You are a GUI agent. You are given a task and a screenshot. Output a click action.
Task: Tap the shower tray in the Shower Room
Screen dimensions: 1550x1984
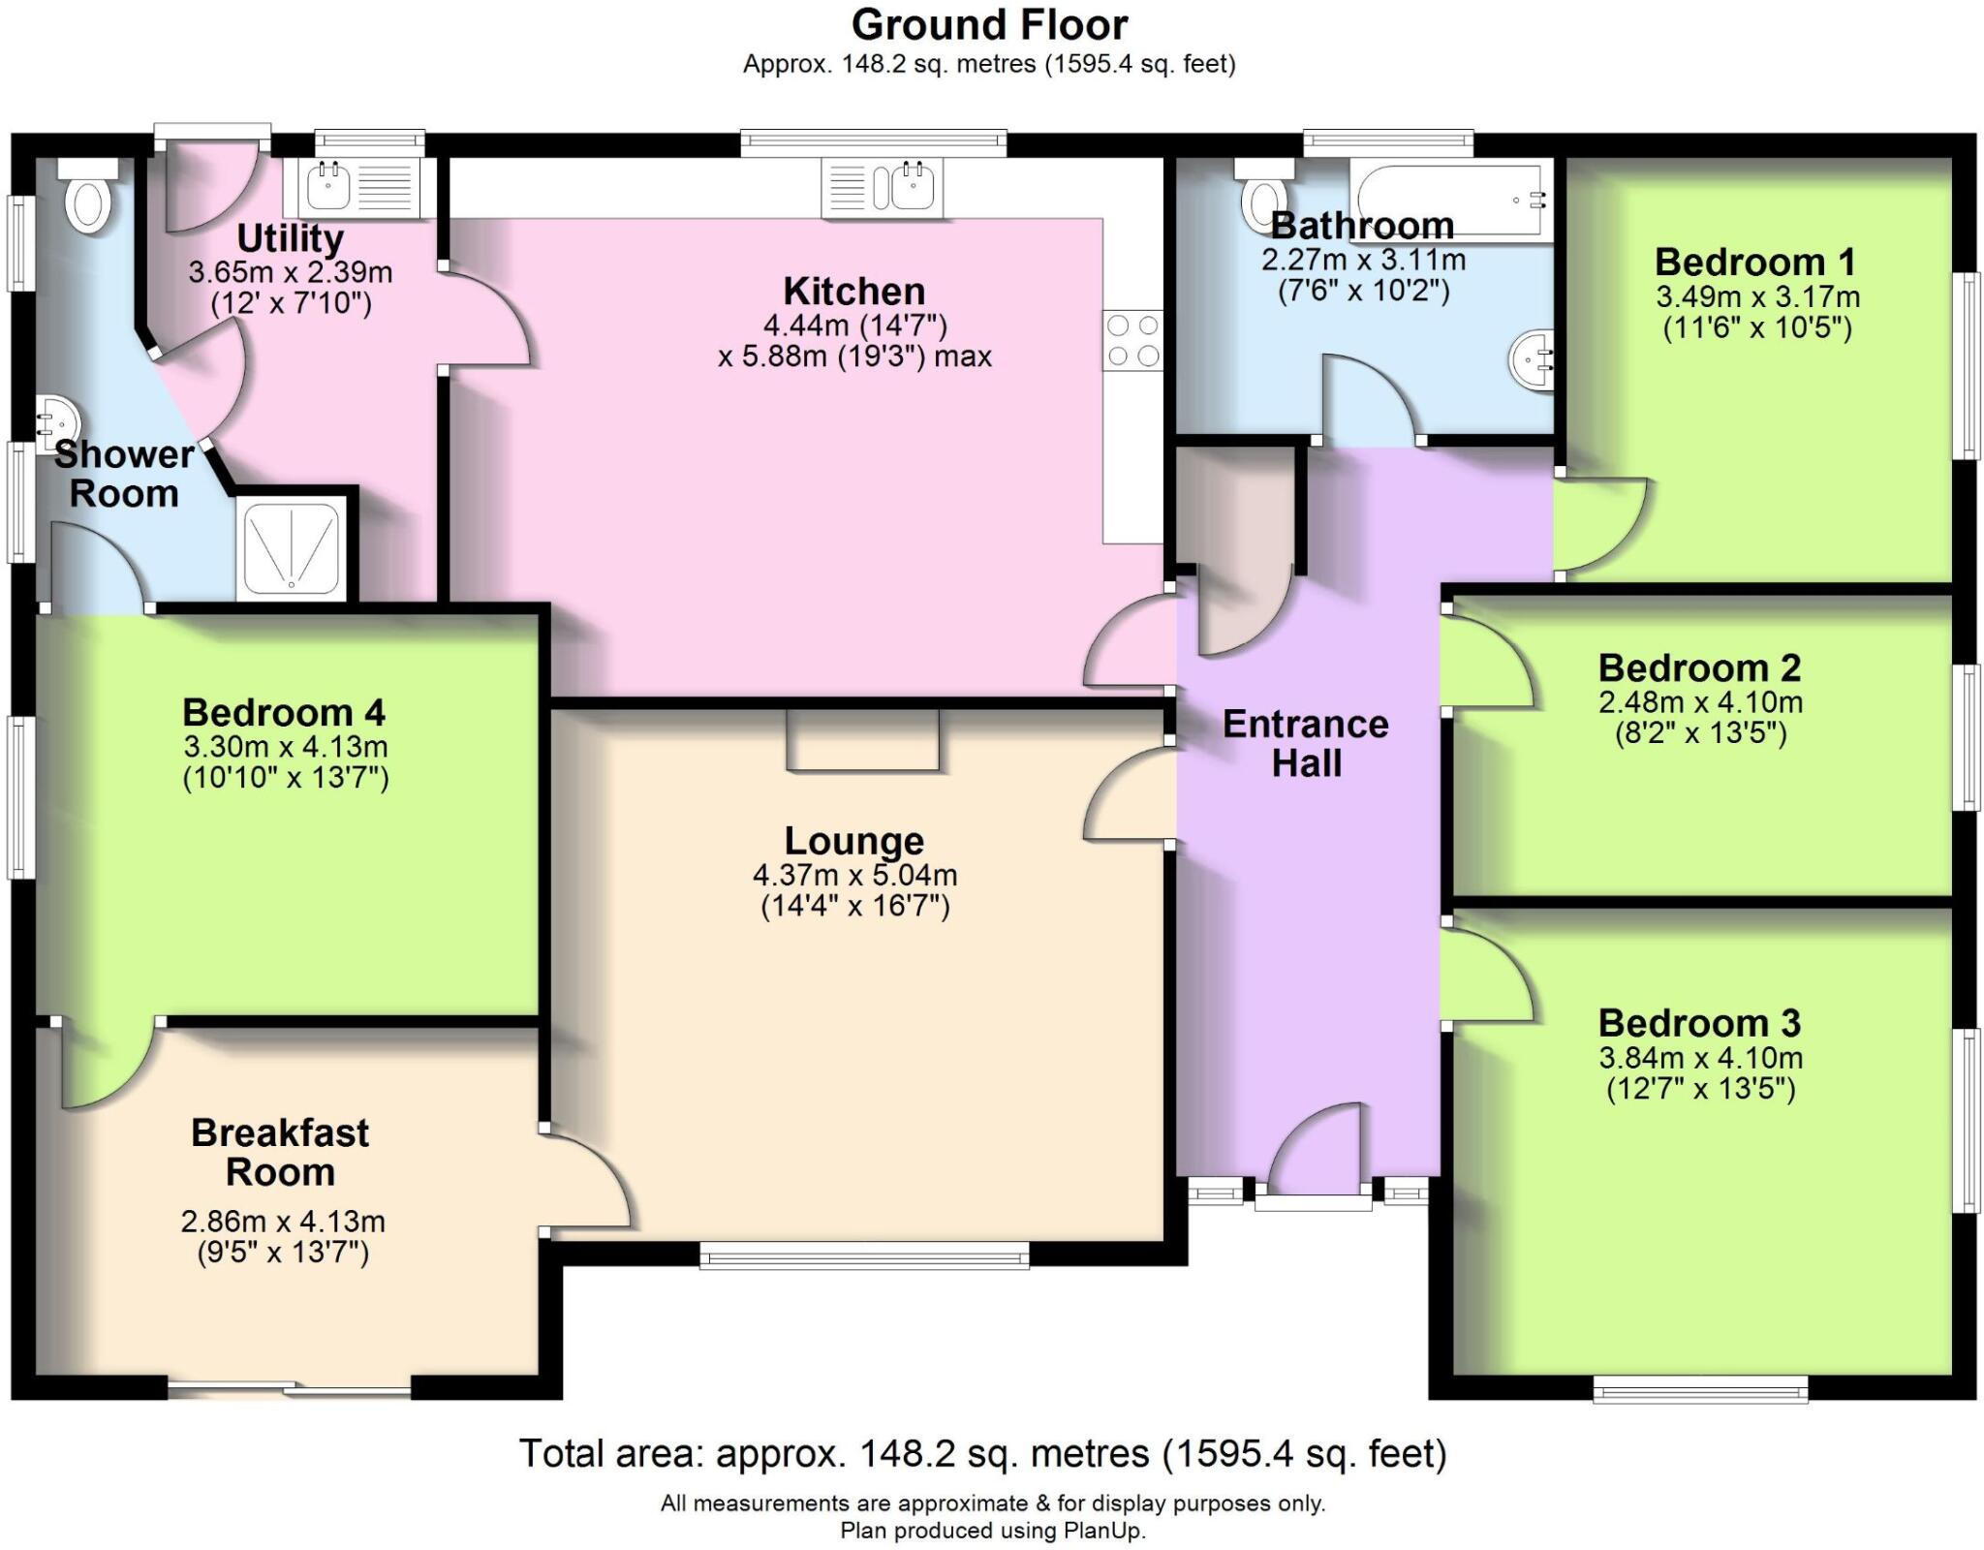[291, 548]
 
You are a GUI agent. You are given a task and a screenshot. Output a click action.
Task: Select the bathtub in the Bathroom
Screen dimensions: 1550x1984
[1450, 201]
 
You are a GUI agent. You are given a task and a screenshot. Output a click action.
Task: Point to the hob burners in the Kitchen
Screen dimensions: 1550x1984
[1133, 339]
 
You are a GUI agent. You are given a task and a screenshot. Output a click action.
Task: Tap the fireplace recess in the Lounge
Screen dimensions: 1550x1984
[862, 740]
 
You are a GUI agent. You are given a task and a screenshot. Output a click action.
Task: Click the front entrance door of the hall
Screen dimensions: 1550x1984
[1315, 1158]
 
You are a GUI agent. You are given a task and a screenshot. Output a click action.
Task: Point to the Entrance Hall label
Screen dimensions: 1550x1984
[1306, 743]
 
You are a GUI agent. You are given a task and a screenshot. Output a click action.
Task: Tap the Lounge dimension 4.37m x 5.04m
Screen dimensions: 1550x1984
[854, 875]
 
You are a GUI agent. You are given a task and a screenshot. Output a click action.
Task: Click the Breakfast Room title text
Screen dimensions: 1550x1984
[280, 1152]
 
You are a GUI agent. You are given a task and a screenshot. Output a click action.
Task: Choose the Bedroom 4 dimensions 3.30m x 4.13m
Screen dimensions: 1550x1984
[286, 747]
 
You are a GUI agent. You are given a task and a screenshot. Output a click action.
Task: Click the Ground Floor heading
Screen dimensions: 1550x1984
[989, 25]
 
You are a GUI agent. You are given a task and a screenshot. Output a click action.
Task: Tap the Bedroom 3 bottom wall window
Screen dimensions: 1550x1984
[1700, 1393]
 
